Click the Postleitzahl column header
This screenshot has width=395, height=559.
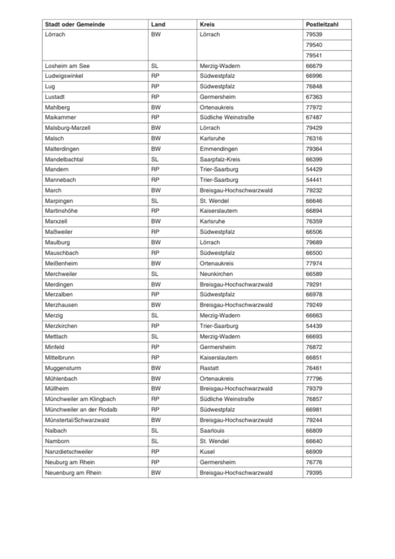pyautogui.click(x=321, y=24)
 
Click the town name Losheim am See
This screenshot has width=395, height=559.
pyautogui.click(x=67, y=66)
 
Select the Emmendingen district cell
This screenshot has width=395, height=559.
pyautogui.click(x=217, y=149)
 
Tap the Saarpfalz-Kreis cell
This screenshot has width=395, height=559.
pyautogui.click(x=220, y=159)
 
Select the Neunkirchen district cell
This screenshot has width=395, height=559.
pyautogui.click(x=216, y=274)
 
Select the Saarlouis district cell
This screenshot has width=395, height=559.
pyautogui.click(x=212, y=431)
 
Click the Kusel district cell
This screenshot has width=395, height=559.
pyautogui.click(x=207, y=452)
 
